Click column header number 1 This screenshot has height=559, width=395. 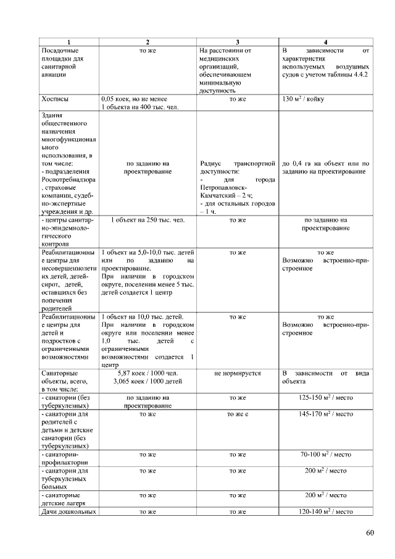pos(69,41)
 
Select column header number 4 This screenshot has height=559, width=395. pos(325,41)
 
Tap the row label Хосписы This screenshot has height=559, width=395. pos(55,98)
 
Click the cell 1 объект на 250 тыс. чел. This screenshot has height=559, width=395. pos(147,219)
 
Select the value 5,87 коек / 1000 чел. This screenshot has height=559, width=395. pos(147,373)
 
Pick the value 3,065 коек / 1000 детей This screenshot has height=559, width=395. pos(147,381)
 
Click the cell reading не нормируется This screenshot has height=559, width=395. pos(238,373)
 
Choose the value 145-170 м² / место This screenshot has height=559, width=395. pos(325,413)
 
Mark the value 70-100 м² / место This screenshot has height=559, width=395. pos(325,454)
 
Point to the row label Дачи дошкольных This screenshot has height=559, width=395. pos(68,511)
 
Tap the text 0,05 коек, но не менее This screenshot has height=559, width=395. pos(134,98)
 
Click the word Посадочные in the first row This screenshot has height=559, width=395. pos(60,50)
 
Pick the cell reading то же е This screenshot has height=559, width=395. pos(238,413)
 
